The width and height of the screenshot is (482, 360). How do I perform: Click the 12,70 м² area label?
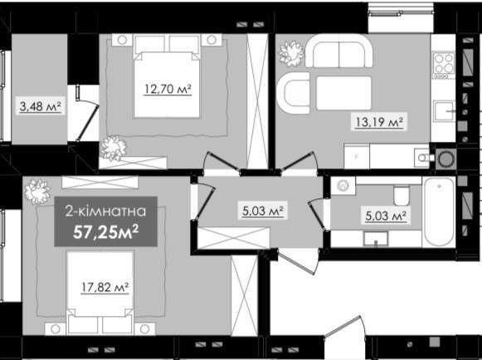(168, 89)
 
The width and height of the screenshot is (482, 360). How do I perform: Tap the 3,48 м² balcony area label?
(41, 106)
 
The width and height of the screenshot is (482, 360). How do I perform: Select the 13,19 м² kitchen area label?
(379, 122)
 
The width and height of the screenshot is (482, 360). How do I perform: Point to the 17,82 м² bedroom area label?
(105, 288)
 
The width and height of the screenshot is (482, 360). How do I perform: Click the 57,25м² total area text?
(105, 231)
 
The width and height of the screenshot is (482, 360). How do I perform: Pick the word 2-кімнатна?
(105, 212)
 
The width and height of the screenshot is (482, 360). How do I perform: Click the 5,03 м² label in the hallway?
(262, 212)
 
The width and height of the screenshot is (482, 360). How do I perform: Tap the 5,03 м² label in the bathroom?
(386, 216)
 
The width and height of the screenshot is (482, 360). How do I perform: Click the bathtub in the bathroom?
(439, 212)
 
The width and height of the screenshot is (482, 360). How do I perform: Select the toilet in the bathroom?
(402, 195)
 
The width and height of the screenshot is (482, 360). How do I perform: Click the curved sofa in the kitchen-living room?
(338, 51)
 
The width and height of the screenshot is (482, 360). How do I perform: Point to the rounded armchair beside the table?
(293, 93)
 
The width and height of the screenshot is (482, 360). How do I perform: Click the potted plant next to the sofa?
(291, 54)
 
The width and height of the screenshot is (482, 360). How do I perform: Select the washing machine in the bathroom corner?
(343, 185)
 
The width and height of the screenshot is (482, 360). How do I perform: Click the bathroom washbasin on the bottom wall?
(376, 239)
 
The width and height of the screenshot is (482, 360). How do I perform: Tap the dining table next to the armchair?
(343, 93)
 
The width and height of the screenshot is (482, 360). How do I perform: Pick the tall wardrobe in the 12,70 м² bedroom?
(258, 101)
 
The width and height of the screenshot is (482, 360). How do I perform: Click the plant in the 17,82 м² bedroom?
(37, 192)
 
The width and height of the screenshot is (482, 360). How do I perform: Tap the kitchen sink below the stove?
(444, 111)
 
